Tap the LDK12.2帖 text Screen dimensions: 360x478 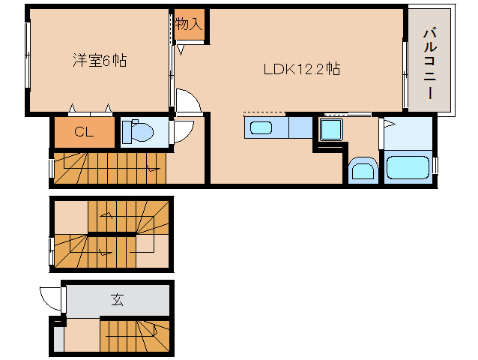coord(302,69)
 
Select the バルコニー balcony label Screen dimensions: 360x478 coord(430,63)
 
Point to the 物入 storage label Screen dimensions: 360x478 coord(189,24)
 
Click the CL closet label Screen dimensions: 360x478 coord(83,133)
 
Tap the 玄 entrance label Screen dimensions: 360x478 coord(118,300)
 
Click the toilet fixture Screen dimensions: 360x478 coord(138,133)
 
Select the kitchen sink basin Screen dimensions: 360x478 coord(261,127)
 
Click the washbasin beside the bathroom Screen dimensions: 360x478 coord(363,169)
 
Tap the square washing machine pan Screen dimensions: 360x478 coord(330,130)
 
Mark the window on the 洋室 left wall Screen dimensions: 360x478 coord(28,56)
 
